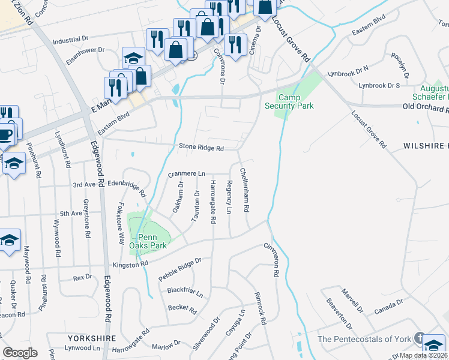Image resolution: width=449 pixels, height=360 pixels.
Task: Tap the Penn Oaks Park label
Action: (148, 241)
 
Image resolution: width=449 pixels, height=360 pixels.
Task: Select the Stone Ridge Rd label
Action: (201, 148)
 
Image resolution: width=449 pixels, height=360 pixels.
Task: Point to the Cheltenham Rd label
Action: (245, 190)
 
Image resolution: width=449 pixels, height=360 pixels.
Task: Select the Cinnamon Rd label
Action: (272, 259)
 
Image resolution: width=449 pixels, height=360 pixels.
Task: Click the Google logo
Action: (20, 353)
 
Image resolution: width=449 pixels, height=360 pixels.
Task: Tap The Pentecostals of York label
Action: (364, 339)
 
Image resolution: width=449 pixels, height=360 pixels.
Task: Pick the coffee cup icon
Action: (7, 134)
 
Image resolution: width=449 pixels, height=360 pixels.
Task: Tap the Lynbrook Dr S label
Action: (378, 86)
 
